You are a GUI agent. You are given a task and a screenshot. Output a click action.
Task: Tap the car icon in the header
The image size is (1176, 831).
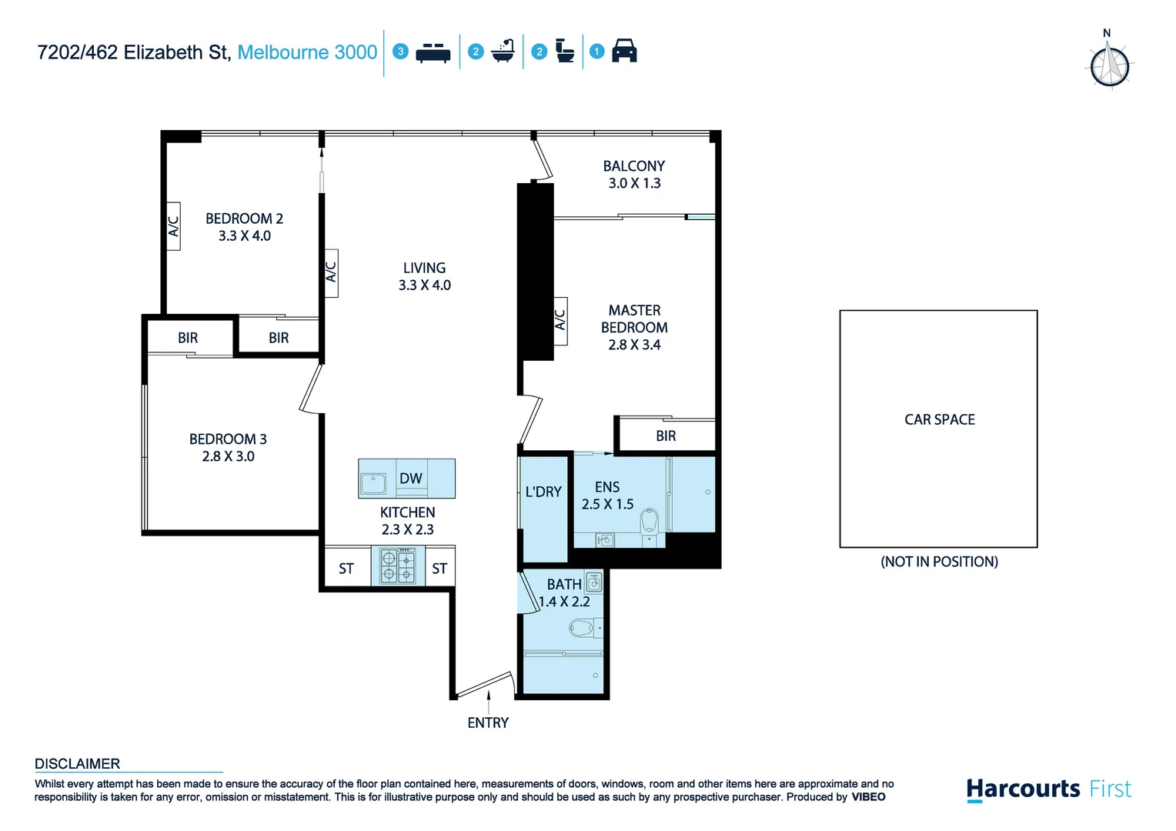tap(624, 51)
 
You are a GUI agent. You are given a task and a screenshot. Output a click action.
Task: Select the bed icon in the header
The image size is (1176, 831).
tap(433, 52)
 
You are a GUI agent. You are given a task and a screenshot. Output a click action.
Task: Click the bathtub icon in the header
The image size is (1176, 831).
tap(503, 51)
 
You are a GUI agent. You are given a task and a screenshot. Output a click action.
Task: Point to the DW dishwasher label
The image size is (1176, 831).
tap(410, 479)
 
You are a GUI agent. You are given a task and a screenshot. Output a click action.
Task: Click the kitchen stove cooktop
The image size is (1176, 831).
tap(398, 566)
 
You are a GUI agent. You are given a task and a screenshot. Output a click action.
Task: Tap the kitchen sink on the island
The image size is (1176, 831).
tap(374, 483)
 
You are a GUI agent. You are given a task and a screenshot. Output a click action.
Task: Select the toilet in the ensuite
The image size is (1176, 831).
tap(650, 521)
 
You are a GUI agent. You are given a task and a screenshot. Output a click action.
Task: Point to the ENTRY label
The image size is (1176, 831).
tap(488, 723)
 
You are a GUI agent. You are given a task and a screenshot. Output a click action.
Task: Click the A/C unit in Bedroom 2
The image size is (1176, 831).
tap(174, 226)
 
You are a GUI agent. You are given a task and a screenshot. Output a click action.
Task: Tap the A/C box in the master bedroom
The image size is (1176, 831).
tap(560, 319)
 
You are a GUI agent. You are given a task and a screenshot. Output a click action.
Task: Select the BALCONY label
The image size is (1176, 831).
tap(633, 166)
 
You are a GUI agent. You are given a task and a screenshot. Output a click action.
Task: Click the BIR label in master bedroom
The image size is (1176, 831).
tap(666, 436)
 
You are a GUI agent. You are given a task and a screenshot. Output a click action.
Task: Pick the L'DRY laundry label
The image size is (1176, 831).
tap(543, 492)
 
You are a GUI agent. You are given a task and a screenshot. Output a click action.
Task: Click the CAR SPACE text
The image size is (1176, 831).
tap(939, 419)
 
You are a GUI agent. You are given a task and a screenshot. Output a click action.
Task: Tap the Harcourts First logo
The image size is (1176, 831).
tap(1048, 789)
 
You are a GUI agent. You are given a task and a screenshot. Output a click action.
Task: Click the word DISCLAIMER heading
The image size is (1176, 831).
tap(78, 764)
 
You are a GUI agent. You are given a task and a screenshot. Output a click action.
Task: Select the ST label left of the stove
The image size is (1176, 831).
tap(346, 569)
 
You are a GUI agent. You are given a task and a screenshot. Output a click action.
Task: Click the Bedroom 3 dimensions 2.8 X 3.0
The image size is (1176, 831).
tap(228, 456)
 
